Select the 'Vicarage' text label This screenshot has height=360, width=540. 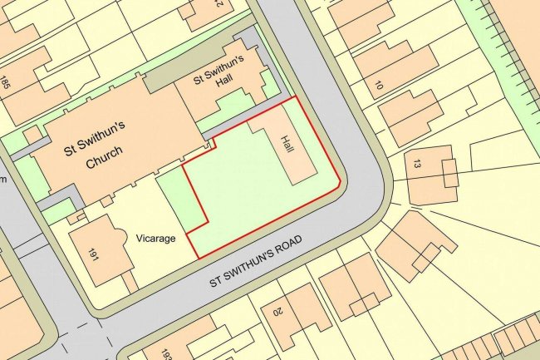point(156,238)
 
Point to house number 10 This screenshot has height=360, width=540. point(379,85)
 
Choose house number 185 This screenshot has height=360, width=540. point(6,83)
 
